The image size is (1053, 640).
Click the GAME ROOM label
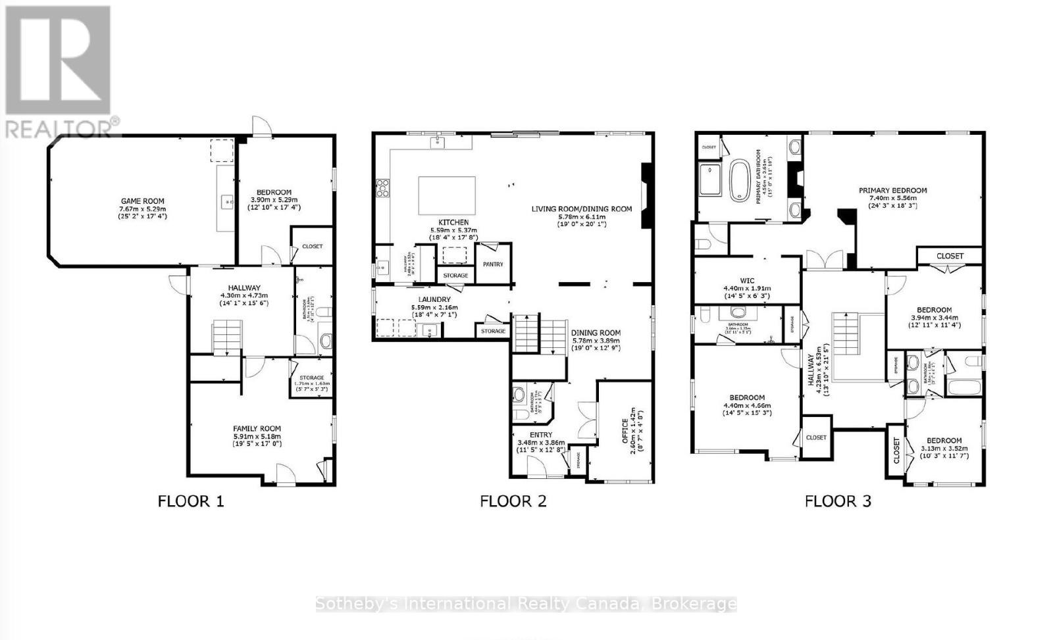click(x=142, y=201)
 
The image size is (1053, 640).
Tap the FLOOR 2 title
click(x=513, y=501)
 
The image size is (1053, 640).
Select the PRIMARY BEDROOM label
click(x=892, y=191)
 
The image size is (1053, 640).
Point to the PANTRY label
click(x=493, y=264)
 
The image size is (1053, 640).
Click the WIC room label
click(x=747, y=281)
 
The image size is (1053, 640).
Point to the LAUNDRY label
click(x=434, y=300)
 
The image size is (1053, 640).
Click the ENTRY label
click(x=540, y=435)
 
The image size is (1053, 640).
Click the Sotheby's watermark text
click(x=526, y=604)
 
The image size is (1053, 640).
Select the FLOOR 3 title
click(x=838, y=501)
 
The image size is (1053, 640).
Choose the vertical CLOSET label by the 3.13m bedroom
click(x=896, y=451)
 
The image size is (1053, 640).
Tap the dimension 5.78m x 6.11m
click(x=582, y=216)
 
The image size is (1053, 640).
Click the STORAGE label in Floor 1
click(x=312, y=378)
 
